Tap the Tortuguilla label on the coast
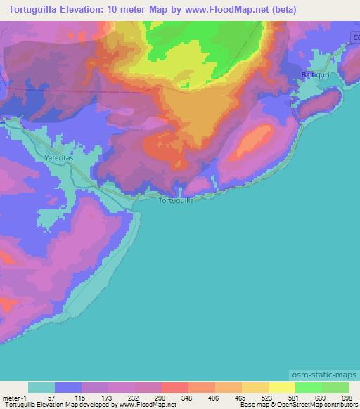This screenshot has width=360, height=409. click(x=176, y=200)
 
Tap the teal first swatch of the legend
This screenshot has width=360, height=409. click(x=41, y=388)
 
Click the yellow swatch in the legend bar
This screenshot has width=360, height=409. click(x=282, y=388)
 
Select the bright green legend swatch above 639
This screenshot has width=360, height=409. click(x=309, y=388)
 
